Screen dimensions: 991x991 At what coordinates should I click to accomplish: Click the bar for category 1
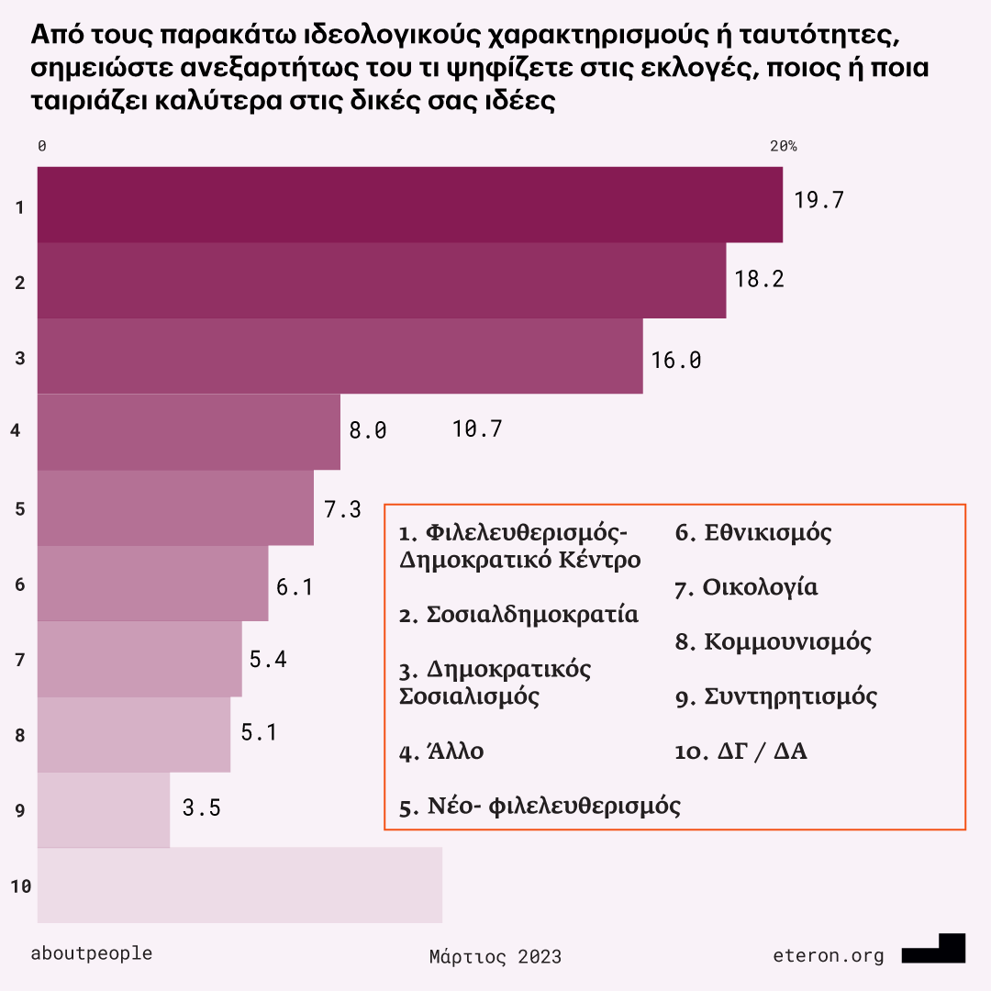click(x=409, y=205)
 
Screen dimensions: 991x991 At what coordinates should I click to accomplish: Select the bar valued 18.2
click(x=382, y=281)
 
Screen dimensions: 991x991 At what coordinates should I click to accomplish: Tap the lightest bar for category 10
click(x=239, y=885)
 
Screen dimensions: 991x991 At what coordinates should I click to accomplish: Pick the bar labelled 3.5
click(x=104, y=809)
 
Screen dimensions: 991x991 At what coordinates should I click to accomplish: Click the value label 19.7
click(x=818, y=201)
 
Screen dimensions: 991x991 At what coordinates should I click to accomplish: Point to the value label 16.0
click(x=676, y=361)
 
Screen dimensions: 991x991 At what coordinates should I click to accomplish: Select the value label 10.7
click(x=477, y=429)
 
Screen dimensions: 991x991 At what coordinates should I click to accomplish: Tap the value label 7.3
click(x=342, y=510)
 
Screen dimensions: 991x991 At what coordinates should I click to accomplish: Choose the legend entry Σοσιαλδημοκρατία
click(x=518, y=615)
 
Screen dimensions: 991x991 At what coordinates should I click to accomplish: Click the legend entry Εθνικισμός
click(x=753, y=532)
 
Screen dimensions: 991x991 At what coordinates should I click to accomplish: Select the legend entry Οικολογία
click(x=746, y=587)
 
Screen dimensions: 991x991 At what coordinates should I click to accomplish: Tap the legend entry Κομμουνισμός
click(x=773, y=642)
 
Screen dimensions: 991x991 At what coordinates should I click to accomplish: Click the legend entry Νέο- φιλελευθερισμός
click(x=540, y=807)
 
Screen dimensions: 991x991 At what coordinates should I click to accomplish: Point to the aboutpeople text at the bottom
click(x=92, y=953)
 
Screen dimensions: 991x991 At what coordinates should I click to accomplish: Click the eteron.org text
click(x=829, y=956)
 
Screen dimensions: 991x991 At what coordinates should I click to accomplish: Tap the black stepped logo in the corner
click(x=933, y=950)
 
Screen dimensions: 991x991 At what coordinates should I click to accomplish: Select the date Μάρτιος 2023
click(x=495, y=957)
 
